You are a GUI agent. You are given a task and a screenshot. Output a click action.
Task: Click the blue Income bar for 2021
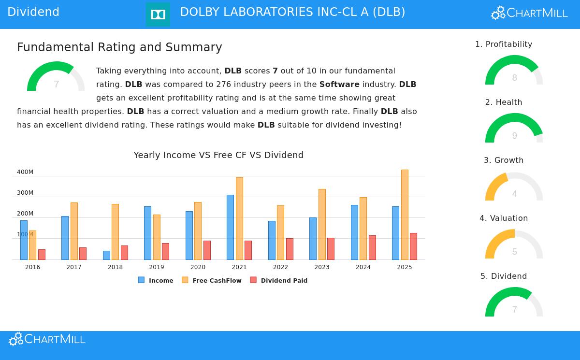click(230, 227)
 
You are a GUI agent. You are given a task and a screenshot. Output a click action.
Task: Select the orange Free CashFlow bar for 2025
click(405, 215)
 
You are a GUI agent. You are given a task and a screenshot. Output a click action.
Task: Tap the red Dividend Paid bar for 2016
click(42, 255)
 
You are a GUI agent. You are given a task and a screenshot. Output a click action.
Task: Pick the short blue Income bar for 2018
click(106, 255)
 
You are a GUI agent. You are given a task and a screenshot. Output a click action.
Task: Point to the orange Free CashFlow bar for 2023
click(322, 224)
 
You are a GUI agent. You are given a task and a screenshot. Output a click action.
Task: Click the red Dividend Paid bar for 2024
click(372, 247)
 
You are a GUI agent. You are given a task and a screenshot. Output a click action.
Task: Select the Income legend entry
click(156, 280)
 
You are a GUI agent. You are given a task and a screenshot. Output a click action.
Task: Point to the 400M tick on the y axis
click(25, 172)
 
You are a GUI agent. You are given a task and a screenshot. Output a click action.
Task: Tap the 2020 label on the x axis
click(198, 267)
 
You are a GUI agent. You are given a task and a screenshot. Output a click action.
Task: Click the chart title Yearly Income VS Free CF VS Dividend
click(218, 155)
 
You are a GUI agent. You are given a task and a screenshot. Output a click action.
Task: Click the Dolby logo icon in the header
click(158, 14)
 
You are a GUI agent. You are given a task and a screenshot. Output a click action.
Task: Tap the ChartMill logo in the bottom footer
click(47, 339)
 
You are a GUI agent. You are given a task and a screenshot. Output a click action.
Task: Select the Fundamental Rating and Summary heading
click(119, 47)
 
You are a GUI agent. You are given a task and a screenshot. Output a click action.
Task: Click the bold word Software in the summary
click(339, 85)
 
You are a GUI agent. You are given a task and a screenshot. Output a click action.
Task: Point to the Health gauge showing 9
click(514, 129)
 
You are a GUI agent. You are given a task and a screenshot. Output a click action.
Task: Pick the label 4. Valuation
click(504, 218)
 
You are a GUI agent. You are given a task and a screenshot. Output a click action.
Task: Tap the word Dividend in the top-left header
click(33, 13)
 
